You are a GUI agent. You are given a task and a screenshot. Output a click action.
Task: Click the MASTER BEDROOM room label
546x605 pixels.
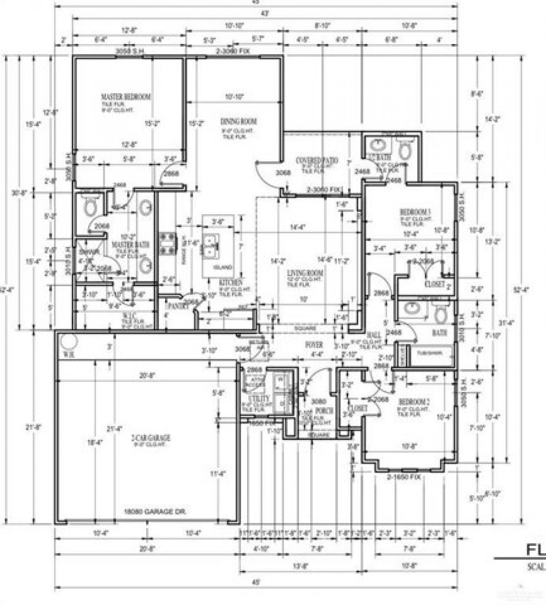pos(126,97)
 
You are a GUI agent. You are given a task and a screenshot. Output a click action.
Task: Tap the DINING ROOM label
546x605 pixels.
pos(238,121)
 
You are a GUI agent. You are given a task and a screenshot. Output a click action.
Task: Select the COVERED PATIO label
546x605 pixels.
pos(317,161)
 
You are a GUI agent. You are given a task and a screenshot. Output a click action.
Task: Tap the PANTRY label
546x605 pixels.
pos(178,306)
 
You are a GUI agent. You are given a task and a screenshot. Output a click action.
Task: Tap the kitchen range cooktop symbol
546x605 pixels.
pos(167,242)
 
